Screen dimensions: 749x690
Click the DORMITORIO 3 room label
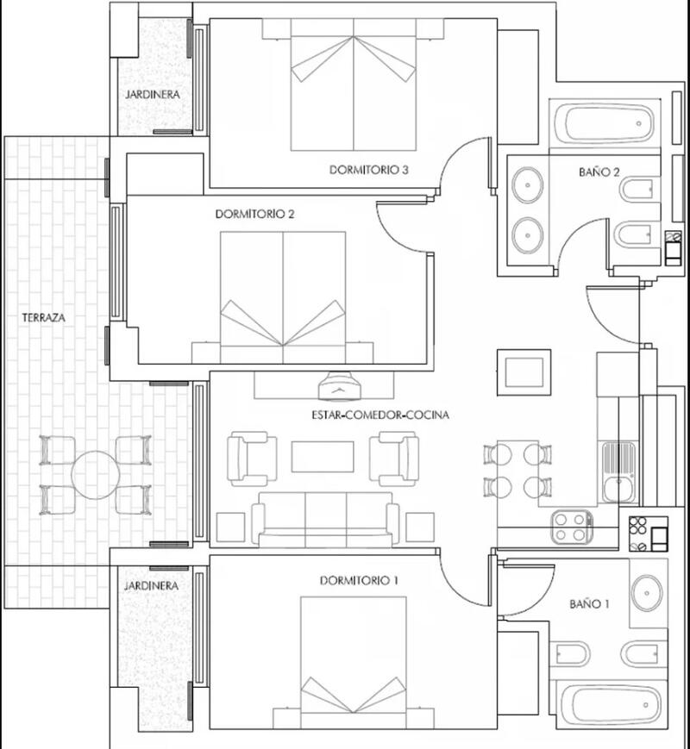pos(368,170)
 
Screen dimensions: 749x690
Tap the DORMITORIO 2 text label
pos(255,214)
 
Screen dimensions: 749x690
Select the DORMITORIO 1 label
pos(359,580)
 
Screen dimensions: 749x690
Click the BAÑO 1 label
pos(589,604)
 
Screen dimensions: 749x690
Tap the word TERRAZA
pos(43,318)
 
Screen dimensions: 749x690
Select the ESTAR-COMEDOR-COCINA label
pos(380,415)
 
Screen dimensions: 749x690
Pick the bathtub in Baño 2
pos(605,126)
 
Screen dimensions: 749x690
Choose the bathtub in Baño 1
pos(606,705)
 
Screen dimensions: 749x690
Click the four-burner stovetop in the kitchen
pos(570,527)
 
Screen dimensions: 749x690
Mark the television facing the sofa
pos(341,387)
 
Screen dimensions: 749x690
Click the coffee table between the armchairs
pos(322,456)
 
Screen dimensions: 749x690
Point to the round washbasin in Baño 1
pos(647,592)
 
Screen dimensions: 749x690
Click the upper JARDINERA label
pos(152,95)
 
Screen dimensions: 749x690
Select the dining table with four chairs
pos(513,471)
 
